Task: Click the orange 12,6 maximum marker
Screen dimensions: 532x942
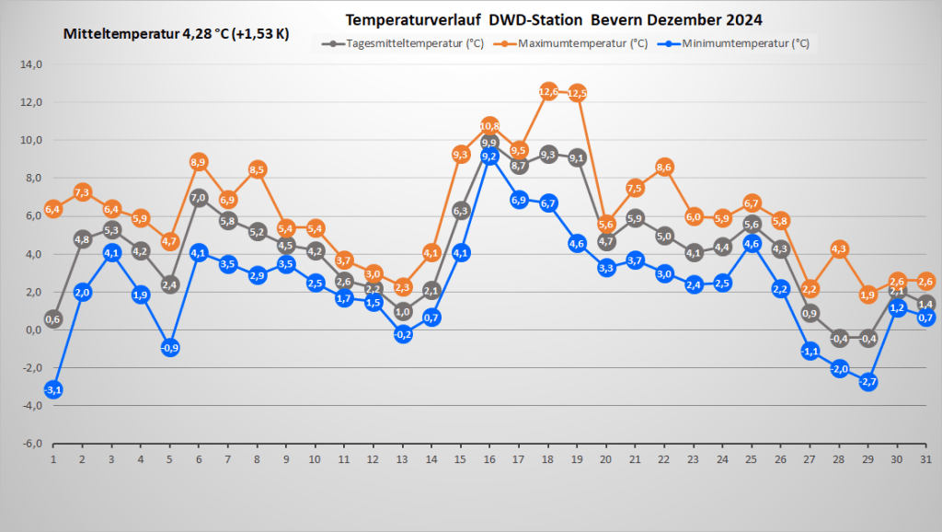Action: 548,91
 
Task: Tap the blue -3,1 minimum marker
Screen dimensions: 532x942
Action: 53,389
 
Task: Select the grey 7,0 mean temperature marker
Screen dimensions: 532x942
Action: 199,197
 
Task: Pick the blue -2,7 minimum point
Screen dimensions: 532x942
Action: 868,381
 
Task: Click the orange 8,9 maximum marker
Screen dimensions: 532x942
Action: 199,162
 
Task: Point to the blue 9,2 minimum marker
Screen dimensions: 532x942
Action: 489,156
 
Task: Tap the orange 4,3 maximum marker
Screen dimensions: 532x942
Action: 839,249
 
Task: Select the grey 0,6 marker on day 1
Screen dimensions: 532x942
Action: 53,319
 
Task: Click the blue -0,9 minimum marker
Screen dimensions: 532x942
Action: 170,348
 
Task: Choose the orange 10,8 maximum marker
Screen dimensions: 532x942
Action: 489,126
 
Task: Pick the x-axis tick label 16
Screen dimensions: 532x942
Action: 489,459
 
